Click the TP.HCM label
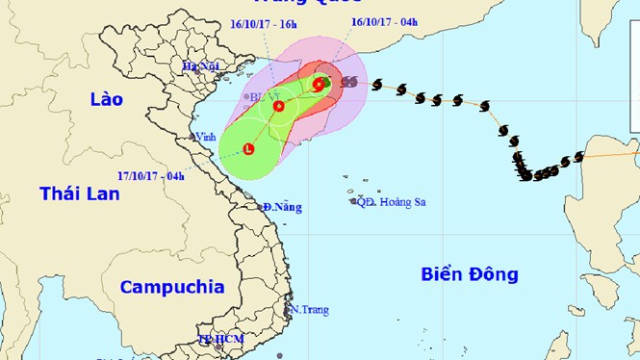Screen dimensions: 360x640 pyautogui.click(x=220, y=340)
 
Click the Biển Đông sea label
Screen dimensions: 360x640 pyautogui.click(x=470, y=274)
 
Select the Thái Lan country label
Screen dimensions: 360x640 pyautogui.click(x=80, y=193)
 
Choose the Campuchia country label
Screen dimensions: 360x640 pyautogui.click(x=172, y=286)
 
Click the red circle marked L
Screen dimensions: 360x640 pyautogui.click(x=248, y=149)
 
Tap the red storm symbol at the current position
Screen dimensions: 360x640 pyautogui.click(x=318, y=85)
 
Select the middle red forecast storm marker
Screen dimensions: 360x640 pyautogui.click(x=278, y=106)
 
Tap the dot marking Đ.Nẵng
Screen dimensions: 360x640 pyautogui.click(x=265, y=207)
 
